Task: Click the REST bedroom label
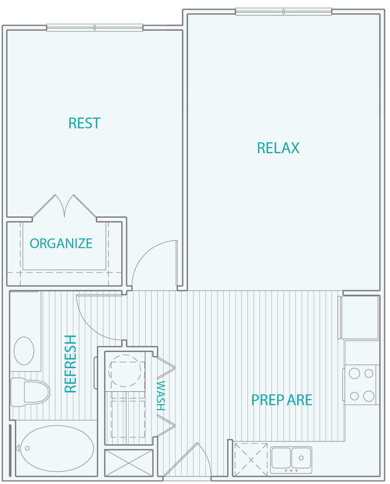(x=84, y=123)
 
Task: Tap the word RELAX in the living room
(x=278, y=148)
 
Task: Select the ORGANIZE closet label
(x=61, y=243)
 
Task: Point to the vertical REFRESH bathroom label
(x=71, y=364)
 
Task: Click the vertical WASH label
(x=161, y=396)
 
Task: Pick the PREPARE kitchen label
(x=282, y=400)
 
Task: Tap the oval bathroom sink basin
(x=24, y=350)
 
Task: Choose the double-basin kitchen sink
(x=291, y=458)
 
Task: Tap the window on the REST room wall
(x=95, y=27)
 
